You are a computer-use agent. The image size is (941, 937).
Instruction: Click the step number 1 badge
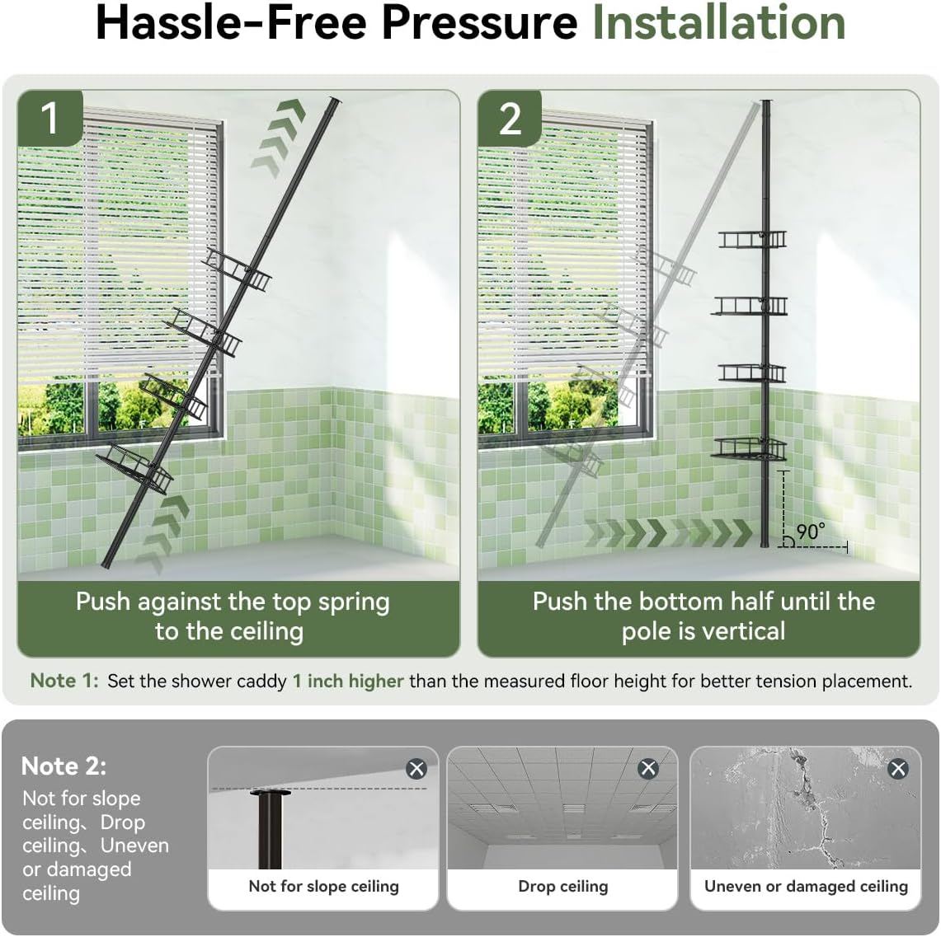click(49, 118)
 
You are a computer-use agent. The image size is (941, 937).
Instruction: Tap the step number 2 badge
click(510, 118)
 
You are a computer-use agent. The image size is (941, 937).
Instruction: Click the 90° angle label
click(810, 532)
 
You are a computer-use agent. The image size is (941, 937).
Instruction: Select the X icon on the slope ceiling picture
click(416, 769)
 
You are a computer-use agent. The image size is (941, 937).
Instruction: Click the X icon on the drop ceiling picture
click(648, 769)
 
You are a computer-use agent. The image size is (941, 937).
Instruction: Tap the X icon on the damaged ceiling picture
click(898, 769)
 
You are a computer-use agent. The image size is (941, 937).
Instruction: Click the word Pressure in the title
click(479, 22)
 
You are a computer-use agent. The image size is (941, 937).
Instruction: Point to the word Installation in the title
click(719, 22)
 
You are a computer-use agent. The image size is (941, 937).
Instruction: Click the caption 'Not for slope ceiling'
click(323, 886)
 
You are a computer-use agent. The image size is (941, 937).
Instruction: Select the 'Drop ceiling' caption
click(562, 886)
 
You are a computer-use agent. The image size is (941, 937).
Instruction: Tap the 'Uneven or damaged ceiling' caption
click(806, 886)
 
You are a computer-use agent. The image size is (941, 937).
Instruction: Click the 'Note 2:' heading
click(64, 766)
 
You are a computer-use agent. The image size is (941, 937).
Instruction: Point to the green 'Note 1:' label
click(64, 681)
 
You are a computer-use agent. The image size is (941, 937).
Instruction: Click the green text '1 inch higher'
click(348, 681)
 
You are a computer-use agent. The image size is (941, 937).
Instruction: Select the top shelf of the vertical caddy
click(752, 239)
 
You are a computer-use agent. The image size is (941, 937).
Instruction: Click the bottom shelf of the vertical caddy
click(749, 449)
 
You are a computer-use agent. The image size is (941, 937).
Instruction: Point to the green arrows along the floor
click(668, 532)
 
